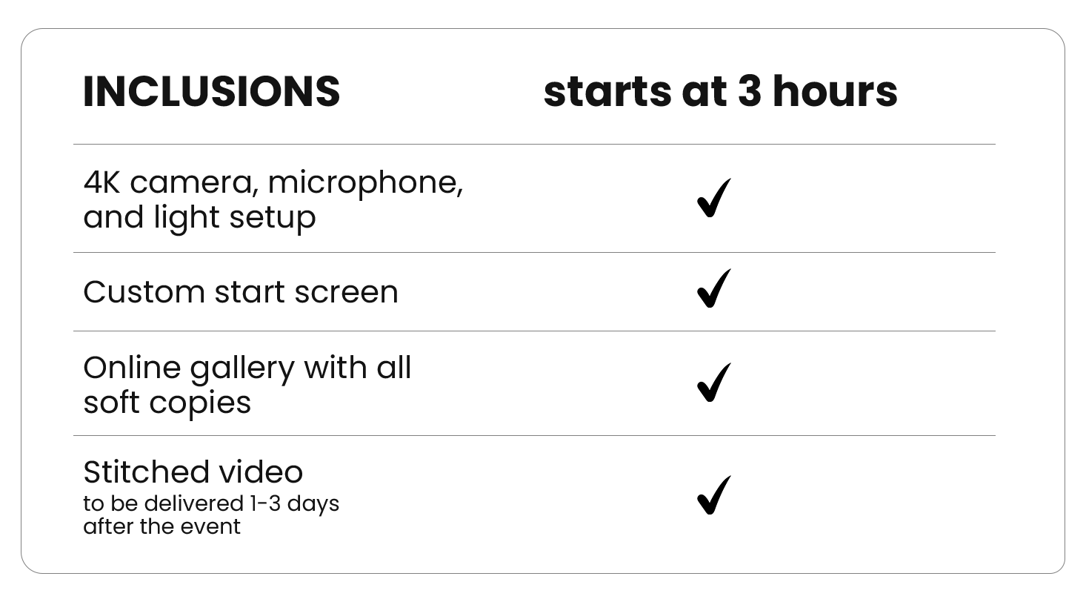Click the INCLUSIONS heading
[x=211, y=91]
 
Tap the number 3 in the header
[x=750, y=91]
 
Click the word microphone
[x=365, y=185]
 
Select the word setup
[x=273, y=218]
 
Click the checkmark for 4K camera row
[x=713, y=197]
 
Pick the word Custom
[x=144, y=292]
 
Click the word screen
[x=346, y=294]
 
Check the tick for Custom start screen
[x=713, y=288]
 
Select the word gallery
[x=242, y=370]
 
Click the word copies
[x=200, y=404]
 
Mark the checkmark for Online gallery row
[x=713, y=383]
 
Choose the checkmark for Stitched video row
[x=713, y=494]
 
